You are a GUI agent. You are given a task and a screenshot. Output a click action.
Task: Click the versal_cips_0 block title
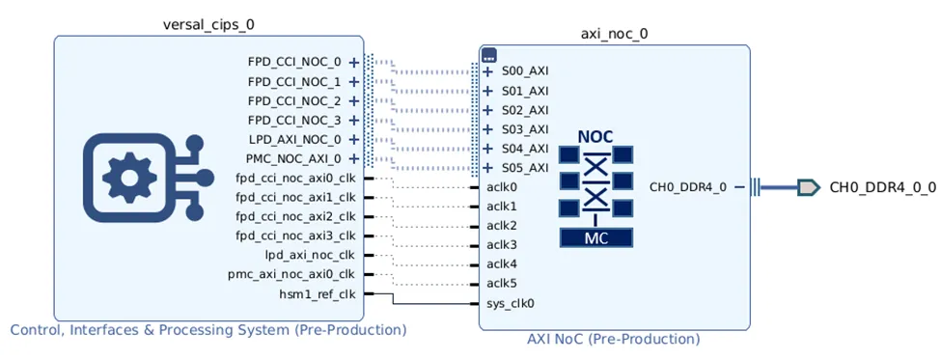206,24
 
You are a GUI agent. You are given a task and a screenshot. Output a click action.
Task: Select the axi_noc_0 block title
614,34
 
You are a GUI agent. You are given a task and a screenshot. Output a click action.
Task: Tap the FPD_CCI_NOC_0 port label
294,62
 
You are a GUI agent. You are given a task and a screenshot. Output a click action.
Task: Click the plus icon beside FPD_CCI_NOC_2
354,100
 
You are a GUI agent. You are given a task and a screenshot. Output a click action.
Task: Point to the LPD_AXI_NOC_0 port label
294,139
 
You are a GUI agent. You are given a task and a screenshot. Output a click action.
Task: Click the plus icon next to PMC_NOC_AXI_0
354,158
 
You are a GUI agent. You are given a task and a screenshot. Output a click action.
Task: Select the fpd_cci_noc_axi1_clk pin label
296,198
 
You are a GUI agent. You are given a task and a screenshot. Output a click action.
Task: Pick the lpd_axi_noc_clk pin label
310,255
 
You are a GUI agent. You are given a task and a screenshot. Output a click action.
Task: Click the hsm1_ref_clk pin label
317,294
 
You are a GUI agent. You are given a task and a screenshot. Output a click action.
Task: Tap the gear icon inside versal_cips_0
127,179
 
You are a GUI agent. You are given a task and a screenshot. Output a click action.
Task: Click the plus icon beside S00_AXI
488,71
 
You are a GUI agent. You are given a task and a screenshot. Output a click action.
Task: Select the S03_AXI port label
526,129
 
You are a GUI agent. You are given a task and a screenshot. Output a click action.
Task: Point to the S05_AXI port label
526,167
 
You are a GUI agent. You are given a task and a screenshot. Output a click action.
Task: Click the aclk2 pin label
502,226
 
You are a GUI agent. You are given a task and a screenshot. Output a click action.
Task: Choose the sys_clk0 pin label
511,303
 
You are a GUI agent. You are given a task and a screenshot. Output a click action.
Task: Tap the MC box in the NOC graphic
595,237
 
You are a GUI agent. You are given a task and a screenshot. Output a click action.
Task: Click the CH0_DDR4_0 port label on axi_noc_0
688,187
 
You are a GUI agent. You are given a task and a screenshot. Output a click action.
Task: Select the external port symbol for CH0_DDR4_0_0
809,187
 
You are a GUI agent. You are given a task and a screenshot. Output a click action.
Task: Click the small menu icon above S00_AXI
488,55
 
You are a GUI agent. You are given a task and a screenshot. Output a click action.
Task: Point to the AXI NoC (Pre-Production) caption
613,339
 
